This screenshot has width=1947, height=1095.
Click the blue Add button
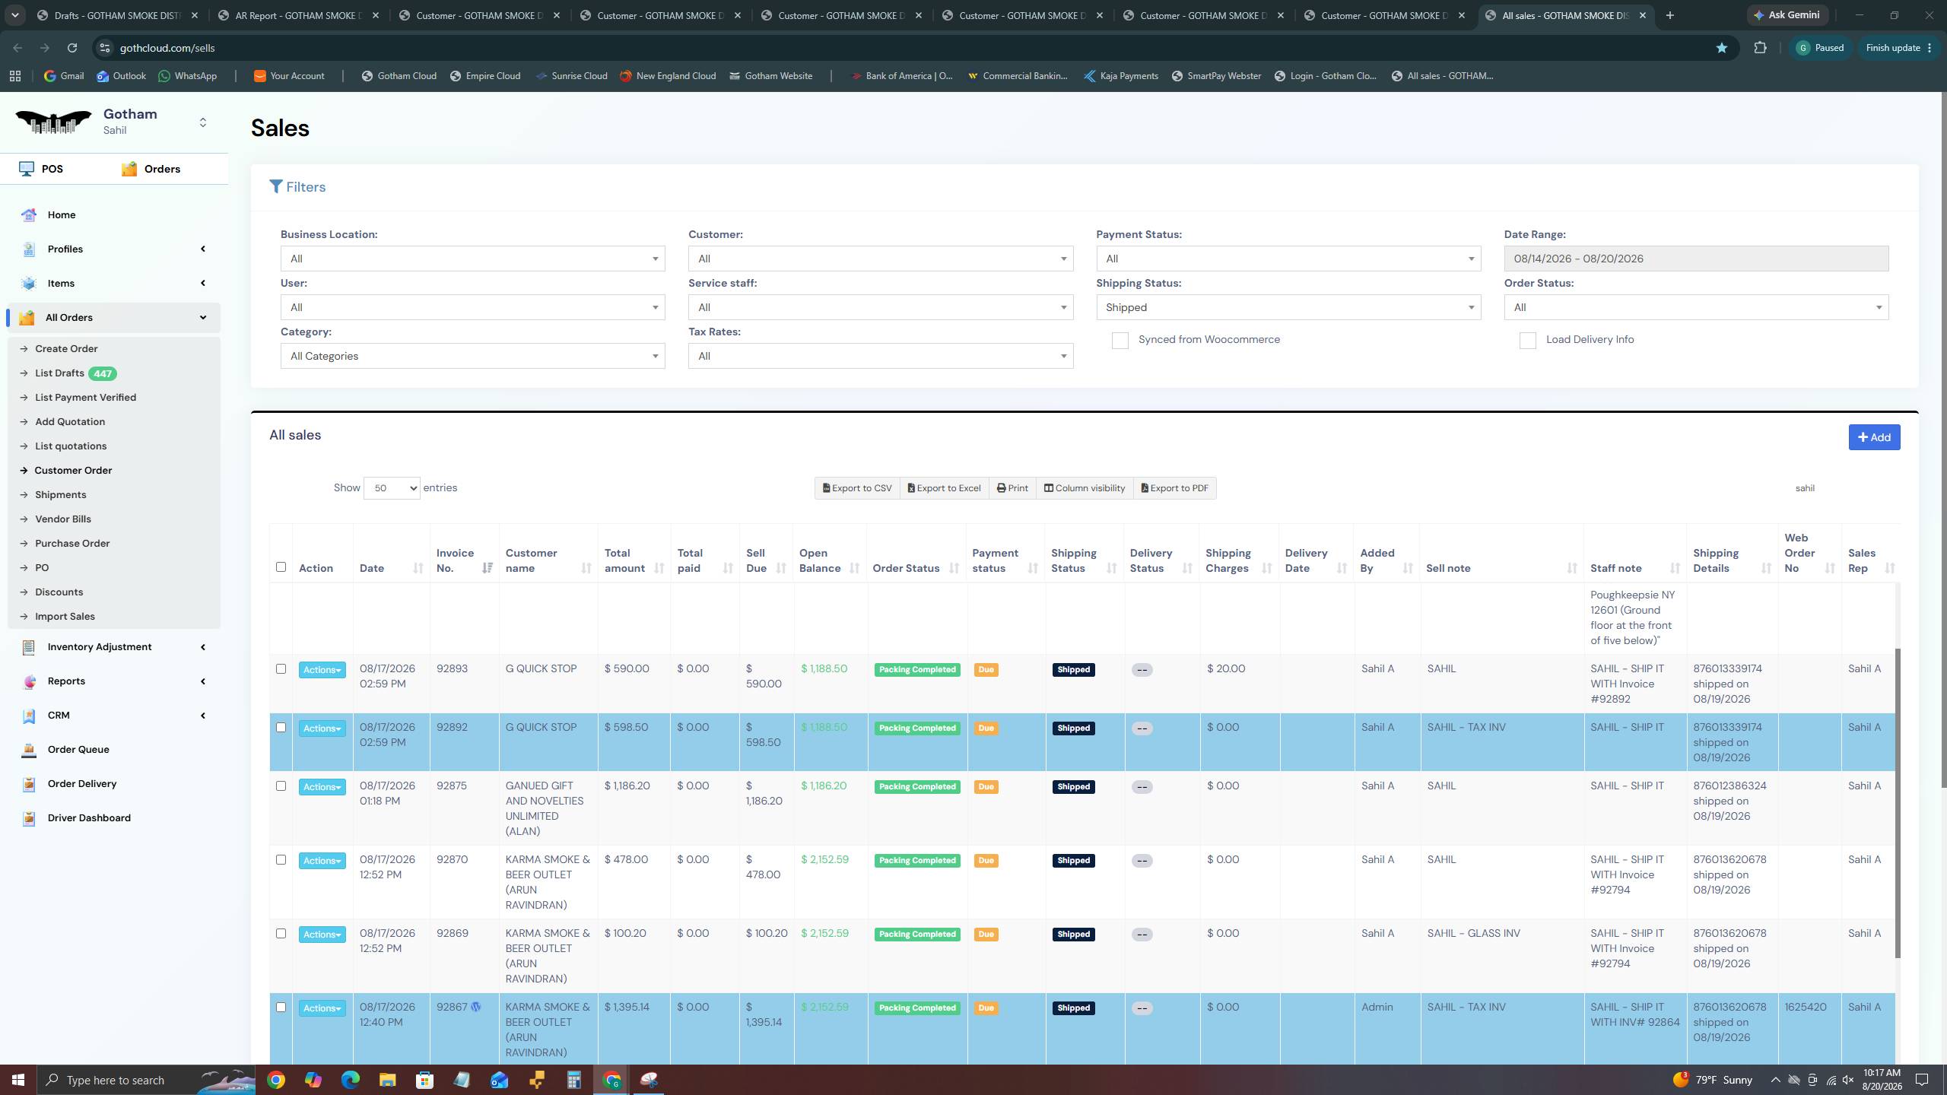coord(1874,437)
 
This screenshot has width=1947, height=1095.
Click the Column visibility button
coord(1084,488)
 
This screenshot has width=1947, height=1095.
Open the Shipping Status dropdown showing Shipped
coord(1288,307)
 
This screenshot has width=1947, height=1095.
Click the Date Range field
coord(1696,259)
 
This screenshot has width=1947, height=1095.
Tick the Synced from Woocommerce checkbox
coord(1120,341)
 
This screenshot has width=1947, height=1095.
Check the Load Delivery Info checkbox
coord(1527,341)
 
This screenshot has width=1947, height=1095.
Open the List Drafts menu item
coord(59,373)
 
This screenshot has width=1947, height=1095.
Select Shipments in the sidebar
coord(60,495)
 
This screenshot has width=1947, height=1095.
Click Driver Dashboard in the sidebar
coord(89,818)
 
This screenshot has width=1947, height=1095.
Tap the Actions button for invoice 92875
coord(322,787)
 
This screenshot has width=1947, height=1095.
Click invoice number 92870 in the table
coord(452,860)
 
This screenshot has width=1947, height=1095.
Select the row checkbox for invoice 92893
coord(281,669)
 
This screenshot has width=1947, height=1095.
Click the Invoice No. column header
coord(455,560)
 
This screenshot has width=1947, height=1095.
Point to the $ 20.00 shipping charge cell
coord(1226,669)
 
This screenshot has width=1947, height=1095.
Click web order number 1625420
coord(1805,1008)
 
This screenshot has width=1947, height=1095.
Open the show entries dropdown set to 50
coord(392,488)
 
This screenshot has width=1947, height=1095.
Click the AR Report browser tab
coord(299,15)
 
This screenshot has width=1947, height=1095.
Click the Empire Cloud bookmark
coord(485,76)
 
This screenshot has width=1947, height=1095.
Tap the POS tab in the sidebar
coord(42,169)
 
